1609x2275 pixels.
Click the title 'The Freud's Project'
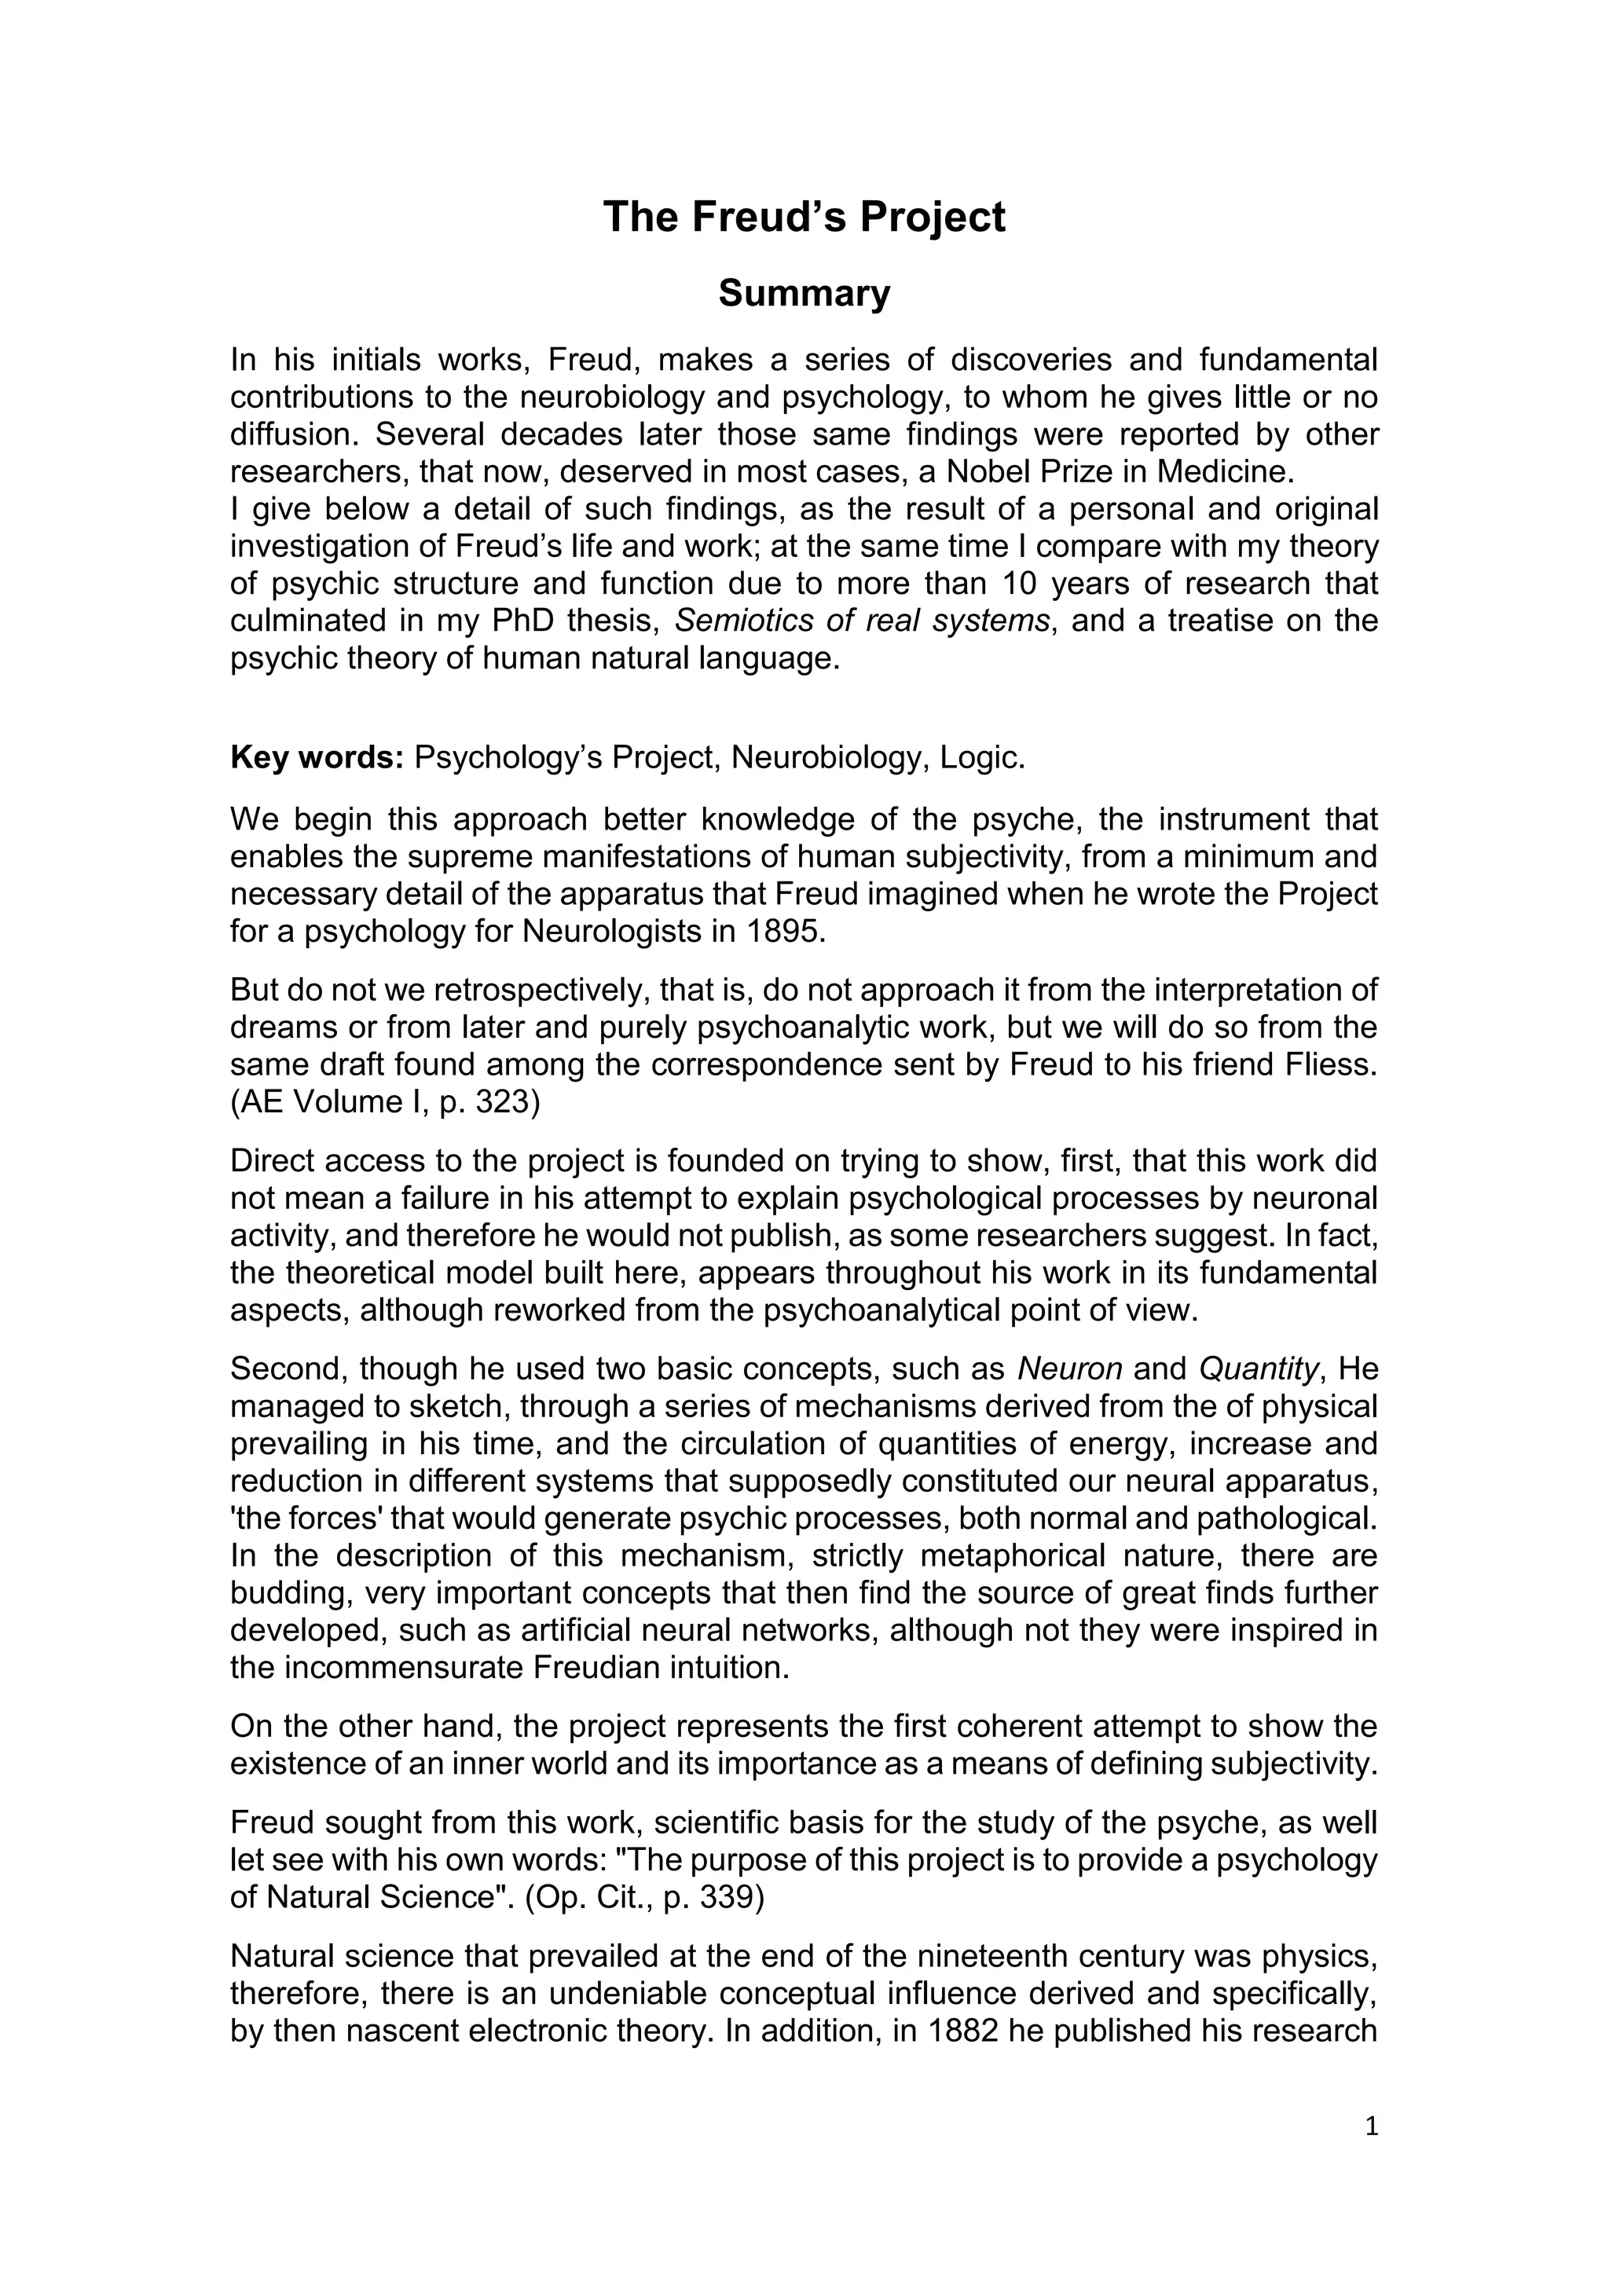click(x=804, y=217)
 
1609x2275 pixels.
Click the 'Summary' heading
click(x=804, y=293)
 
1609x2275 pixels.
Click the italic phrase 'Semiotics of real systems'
click(x=862, y=621)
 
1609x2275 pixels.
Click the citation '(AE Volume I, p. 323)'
click(x=386, y=1103)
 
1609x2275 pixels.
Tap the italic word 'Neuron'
click(x=1070, y=1369)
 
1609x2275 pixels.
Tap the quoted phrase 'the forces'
click(x=311, y=1519)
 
